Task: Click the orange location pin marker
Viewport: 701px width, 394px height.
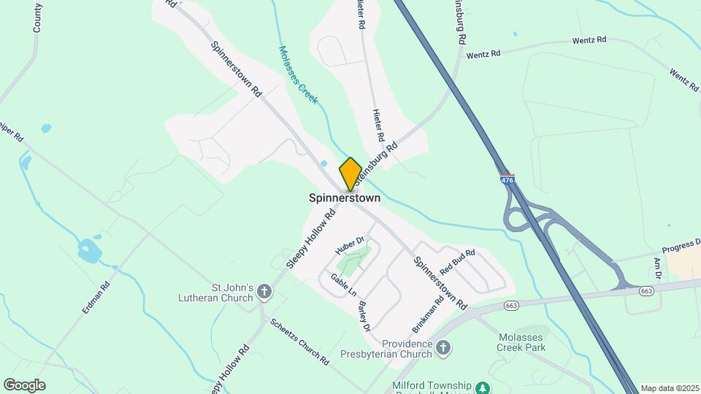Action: tap(350, 174)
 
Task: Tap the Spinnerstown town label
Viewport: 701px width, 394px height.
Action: tap(344, 198)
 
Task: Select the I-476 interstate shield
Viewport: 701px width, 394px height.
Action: tap(507, 178)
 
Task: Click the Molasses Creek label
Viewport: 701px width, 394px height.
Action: tap(298, 75)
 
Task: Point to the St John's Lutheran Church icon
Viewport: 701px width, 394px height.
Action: tap(264, 293)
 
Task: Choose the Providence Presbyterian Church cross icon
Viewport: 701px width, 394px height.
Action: tap(443, 349)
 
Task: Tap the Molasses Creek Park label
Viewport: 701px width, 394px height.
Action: tap(521, 342)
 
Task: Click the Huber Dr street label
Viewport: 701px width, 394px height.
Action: tap(350, 244)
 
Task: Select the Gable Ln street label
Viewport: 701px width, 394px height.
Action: tap(343, 285)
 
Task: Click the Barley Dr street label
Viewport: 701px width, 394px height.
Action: tap(363, 315)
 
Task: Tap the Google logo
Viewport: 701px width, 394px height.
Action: tap(24, 385)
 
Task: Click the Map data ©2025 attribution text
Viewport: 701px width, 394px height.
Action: tap(669, 388)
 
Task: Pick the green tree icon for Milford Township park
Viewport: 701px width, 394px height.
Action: tap(482, 387)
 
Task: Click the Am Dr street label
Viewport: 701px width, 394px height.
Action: tap(658, 269)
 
